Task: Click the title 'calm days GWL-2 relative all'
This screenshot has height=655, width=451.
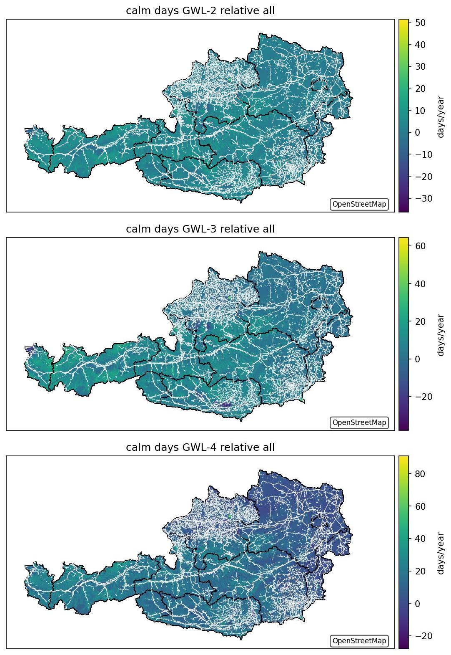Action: point(200,11)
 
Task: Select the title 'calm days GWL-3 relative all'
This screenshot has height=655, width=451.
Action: point(200,229)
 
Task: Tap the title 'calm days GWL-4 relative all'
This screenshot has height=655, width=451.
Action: point(200,447)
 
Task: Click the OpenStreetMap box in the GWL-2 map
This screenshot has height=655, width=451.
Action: point(359,204)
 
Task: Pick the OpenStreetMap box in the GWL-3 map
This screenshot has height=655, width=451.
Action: point(359,422)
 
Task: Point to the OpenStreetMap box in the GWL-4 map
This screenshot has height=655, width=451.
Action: point(359,640)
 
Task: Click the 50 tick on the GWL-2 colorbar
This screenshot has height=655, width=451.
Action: point(420,23)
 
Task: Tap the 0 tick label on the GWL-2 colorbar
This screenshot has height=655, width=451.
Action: point(417,132)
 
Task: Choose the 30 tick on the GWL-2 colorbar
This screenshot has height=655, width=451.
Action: point(420,66)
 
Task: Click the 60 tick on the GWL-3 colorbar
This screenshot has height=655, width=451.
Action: point(420,246)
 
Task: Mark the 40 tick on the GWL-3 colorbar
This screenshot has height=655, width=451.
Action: point(420,283)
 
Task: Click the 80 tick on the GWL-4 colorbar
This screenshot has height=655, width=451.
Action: point(420,474)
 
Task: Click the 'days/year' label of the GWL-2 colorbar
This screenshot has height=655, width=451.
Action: point(441,116)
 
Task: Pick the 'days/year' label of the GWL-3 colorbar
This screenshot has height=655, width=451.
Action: point(441,335)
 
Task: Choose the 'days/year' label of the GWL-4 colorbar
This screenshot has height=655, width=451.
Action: point(441,553)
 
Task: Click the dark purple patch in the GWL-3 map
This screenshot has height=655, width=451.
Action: point(225,405)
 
